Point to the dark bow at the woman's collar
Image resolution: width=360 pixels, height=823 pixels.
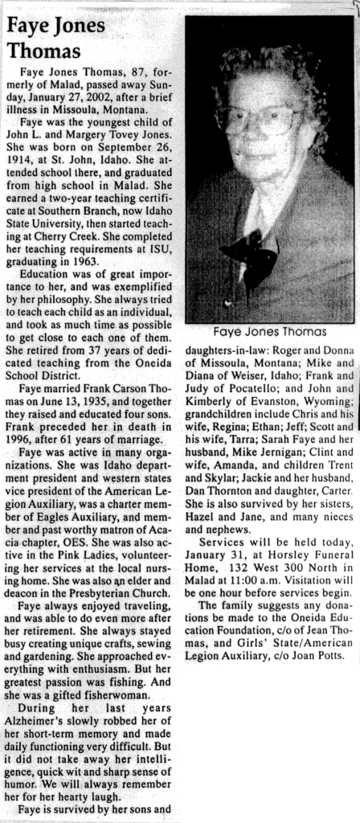pos(248,250)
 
